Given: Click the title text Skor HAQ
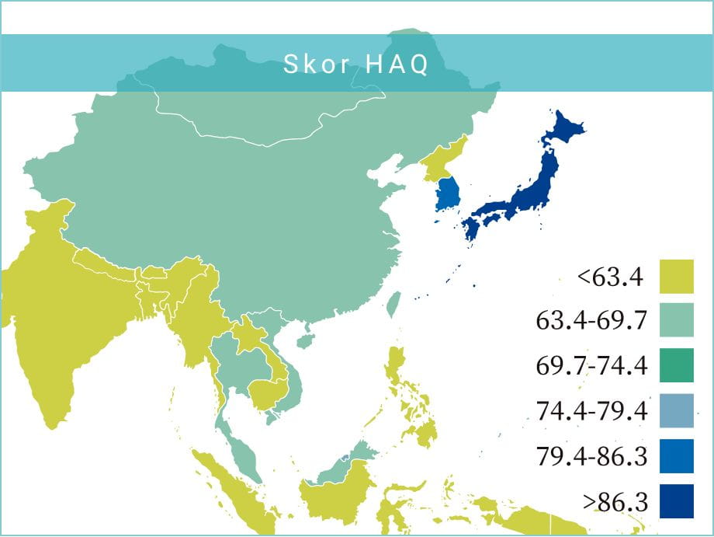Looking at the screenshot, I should [355, 65].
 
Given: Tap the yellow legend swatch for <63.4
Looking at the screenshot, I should [677, 276].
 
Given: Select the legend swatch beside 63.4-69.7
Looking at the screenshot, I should [677, 320].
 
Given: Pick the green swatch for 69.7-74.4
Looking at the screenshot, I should [677, 365].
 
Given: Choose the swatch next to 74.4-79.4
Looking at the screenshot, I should [677, 410].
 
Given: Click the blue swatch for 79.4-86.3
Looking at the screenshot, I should [677, 456].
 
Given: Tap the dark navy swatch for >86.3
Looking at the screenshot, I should [677, 501].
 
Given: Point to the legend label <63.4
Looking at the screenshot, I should [610, 276].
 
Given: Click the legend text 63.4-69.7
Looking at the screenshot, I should [591, 320].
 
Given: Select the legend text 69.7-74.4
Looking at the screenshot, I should [591, 365].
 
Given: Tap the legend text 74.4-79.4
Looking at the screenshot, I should [591, 410].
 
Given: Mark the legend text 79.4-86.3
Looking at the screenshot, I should [591, 456].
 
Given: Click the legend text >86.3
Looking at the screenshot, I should [615, 501].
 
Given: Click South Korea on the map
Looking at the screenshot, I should [448, 194].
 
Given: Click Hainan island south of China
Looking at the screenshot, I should [305, 340].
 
